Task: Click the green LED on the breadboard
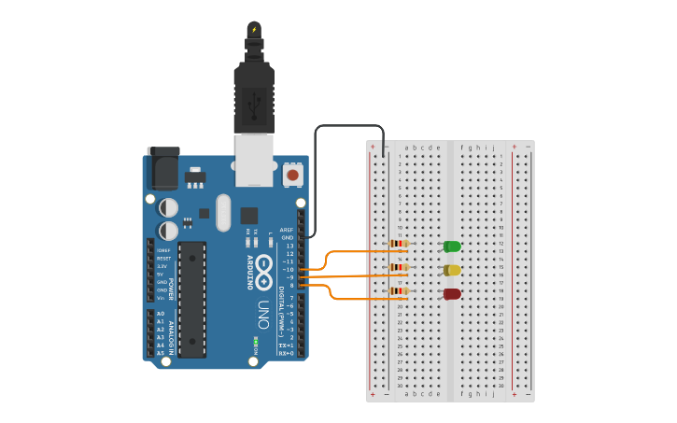[452, 247]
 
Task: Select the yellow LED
[452, 270]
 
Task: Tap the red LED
[452, 294]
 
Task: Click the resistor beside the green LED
[399, 244]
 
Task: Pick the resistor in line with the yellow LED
[399, 267]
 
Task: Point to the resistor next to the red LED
[399, 291]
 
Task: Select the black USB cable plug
[253, 98]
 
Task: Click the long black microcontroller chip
[191, 299]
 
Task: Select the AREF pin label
[287, 230]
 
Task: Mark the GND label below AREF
[288, 237]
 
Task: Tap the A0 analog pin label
[161, 314]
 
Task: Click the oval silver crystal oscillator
[222, 212]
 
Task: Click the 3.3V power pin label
[162, 266]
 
